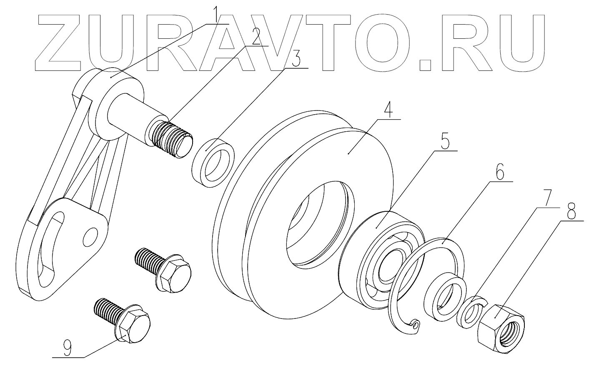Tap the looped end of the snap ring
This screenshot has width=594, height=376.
(415, 324)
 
